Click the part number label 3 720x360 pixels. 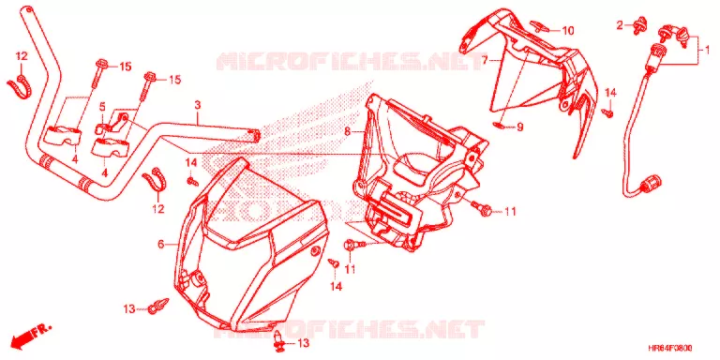198,105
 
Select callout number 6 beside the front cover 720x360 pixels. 160,245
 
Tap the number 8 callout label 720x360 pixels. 347,132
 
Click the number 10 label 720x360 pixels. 568,31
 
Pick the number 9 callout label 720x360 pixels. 519,127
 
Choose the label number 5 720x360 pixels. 102,108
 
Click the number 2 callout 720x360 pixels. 620,25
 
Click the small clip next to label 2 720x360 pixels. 638,25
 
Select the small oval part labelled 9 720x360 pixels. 500,124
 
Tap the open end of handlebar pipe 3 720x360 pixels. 256,135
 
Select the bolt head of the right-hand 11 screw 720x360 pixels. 487,211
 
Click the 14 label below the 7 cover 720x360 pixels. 609,93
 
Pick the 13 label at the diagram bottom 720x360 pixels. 303,343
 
